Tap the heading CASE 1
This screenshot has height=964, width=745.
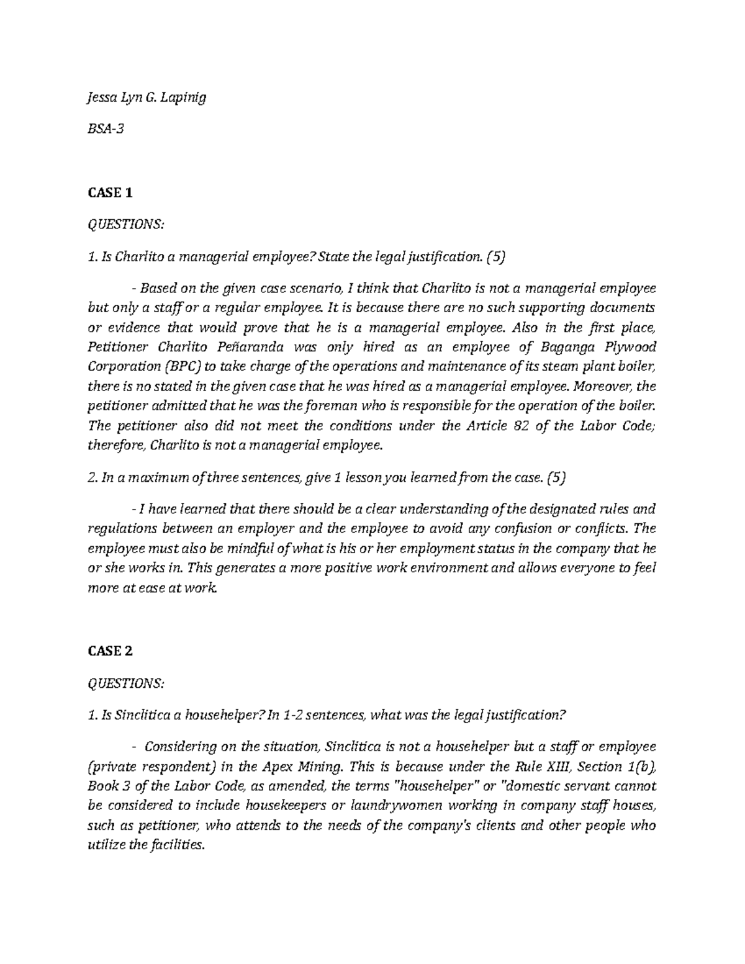[110, 193]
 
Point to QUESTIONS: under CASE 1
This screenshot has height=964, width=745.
[127, 224]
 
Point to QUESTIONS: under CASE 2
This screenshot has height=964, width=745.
[127, 683]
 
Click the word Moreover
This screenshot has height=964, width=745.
[602, 387]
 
